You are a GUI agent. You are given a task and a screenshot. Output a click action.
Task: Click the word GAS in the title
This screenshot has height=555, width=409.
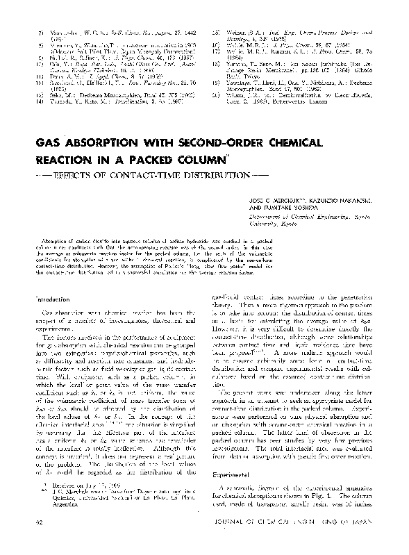pyautogui.click(x=51, y=143)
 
